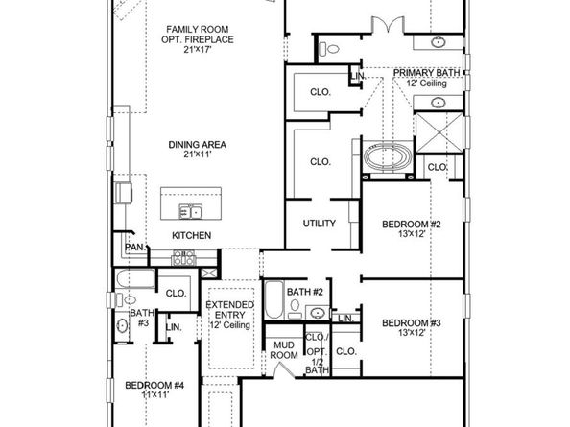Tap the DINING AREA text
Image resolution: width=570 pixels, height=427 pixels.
coord(197,145)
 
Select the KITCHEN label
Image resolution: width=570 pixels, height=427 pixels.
coord(191,235)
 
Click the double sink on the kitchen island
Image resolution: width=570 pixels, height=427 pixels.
coord(194,210)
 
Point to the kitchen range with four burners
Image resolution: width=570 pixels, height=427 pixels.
coord(182,257)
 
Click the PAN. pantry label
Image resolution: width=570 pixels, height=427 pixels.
coord(133,248)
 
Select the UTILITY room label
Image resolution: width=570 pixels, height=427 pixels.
coord(319,224)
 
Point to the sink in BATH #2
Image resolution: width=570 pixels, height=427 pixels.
coord(316,311)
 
